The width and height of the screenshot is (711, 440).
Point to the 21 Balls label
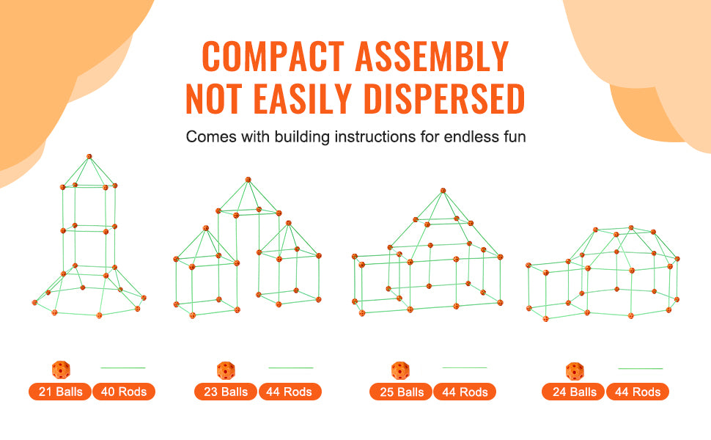(60, 392)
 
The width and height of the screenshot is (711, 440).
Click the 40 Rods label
(124, 392)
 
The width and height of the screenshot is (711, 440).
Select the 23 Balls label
(225, 392)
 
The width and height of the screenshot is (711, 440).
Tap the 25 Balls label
(400, 392)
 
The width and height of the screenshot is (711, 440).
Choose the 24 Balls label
(574, 392)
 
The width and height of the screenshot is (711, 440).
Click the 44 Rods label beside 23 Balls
(290, 392)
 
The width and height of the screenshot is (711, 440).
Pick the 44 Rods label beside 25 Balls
(465, 392)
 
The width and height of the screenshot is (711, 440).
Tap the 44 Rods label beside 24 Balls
(638, 392)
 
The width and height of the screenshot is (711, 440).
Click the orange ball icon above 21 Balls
(61, 369)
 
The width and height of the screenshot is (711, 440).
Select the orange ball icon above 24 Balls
(574, 370)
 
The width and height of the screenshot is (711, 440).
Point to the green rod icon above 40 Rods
(123, 367)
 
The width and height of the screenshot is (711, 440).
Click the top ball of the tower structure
(89, 156)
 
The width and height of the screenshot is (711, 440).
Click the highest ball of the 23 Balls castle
(248, 179)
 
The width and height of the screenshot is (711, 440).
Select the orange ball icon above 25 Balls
(400, 370)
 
